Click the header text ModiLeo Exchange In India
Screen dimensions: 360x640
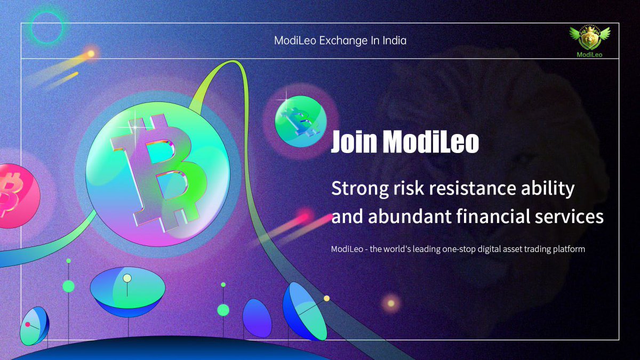pos(340,41)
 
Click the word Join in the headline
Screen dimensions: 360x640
pos(354,141)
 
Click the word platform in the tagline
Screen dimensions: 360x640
pos(567,249)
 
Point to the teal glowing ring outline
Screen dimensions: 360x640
pos(47,27)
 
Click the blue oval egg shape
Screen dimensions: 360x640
pos(257,318)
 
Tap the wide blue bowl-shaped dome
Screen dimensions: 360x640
pos(127,290)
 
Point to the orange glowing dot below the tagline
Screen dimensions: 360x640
pos(391,303)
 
